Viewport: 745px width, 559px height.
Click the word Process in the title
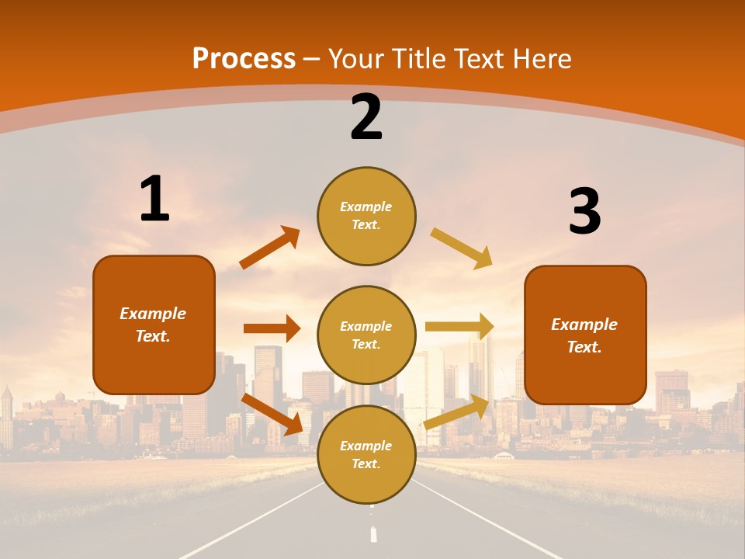(244, 58)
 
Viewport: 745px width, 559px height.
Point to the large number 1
(154, 200)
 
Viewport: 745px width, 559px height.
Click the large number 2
(366, 117)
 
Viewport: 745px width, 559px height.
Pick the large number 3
(584, 212)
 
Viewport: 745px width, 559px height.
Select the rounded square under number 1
(154, 325)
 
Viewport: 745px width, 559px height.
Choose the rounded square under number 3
(585, 335)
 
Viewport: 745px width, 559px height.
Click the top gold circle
(366, 216)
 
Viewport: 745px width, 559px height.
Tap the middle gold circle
(366, 335)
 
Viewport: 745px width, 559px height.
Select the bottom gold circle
(366, 454)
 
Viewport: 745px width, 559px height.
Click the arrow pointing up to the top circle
(270, 248)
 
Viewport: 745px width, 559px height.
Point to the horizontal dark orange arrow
(272, 328)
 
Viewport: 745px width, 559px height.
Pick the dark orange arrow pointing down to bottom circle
(272, 414)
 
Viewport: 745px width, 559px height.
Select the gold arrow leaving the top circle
(461, 248)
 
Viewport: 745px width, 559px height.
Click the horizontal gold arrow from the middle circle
(459, 327)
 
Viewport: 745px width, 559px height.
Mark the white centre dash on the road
(373, 534)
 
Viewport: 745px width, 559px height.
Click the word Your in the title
(356, 58)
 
